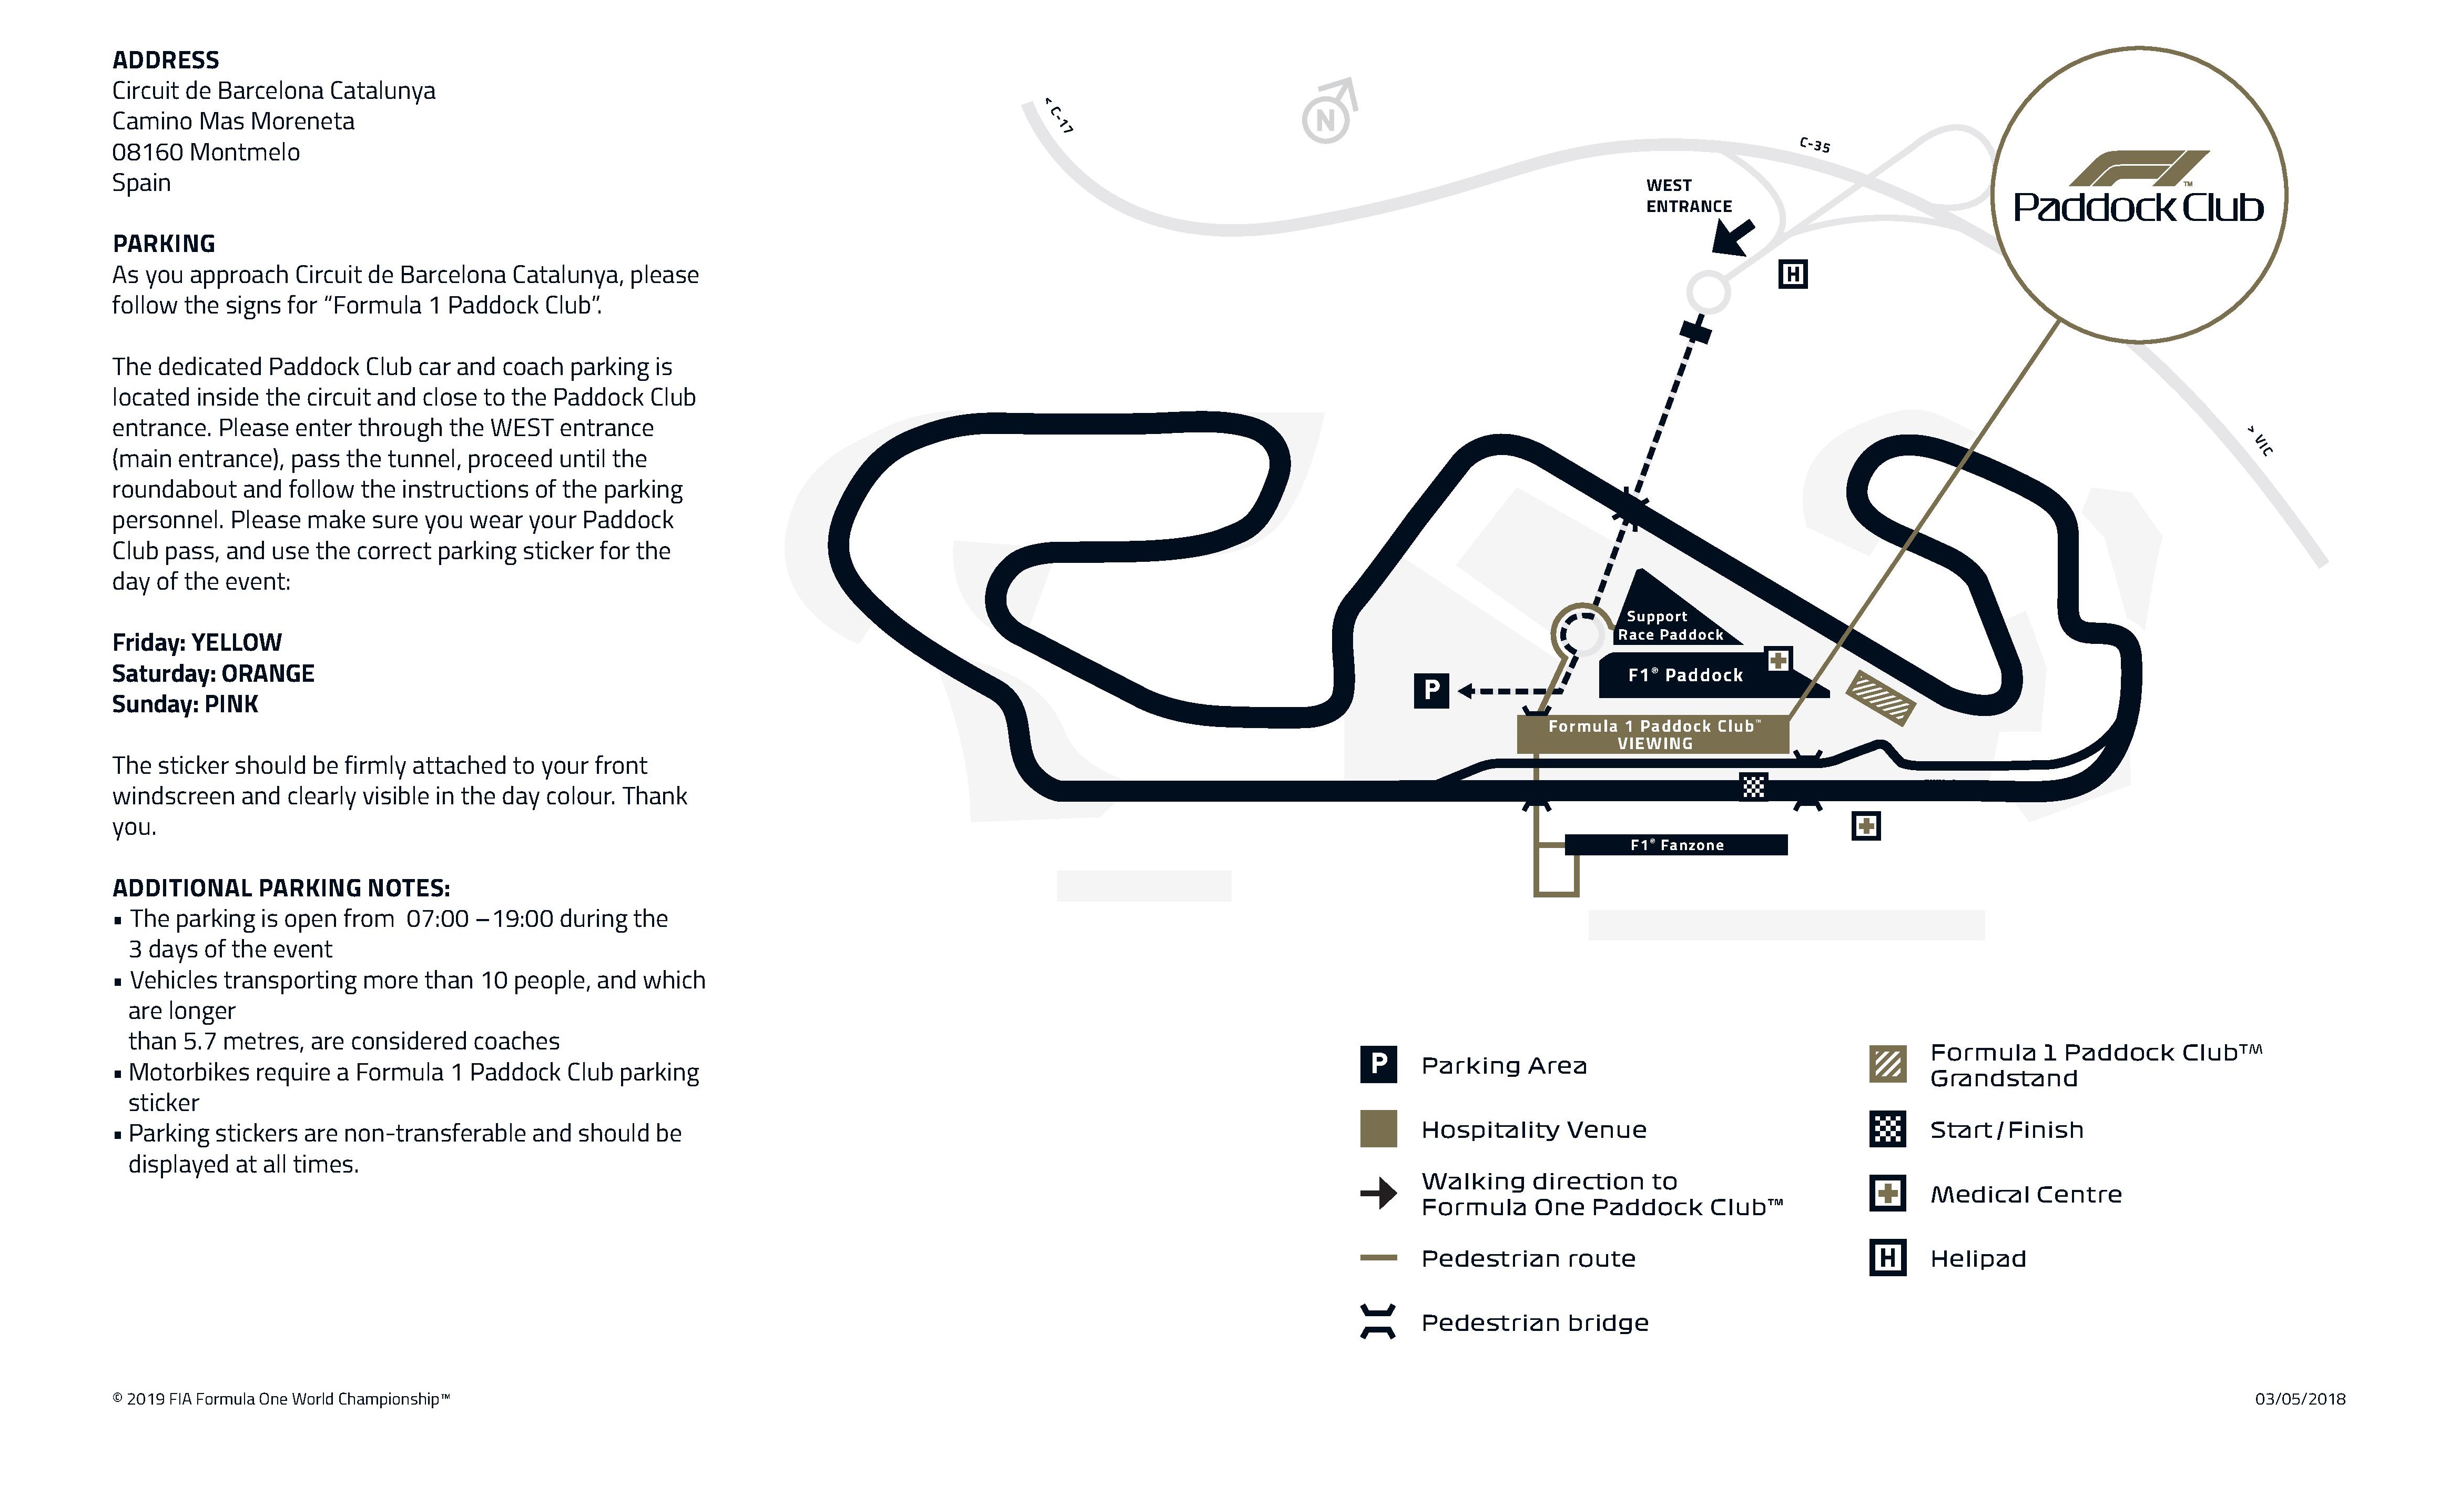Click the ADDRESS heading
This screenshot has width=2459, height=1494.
point(166,60)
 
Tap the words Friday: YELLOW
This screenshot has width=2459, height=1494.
point(197,643)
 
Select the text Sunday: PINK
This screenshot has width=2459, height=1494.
point(185,704)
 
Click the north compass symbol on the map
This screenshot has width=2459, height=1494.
point(1329,112)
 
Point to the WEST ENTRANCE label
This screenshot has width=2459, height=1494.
point(1689,196)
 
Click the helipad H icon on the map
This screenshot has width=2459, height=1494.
point(1793,275)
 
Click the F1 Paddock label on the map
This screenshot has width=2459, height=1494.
point(1685,675)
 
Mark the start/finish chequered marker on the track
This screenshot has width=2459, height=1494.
point(1753,786)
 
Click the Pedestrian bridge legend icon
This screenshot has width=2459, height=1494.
point(1378,1323)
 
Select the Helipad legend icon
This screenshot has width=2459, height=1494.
point(1887,1258)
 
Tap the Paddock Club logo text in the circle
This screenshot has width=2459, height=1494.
point(2139,208)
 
